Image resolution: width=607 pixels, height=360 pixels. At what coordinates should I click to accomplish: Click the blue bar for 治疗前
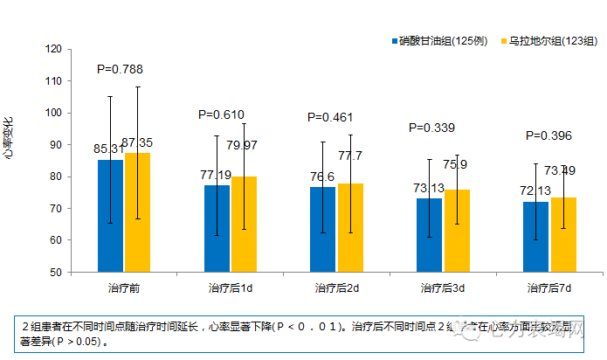point(111,216)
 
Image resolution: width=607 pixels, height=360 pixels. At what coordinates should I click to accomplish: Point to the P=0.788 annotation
point(120,69)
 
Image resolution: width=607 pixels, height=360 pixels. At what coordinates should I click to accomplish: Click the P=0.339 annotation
point(432,128)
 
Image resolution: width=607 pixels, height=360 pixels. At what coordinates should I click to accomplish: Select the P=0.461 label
point(331,117)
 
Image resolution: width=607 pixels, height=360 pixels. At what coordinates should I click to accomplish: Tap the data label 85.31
point(108,149)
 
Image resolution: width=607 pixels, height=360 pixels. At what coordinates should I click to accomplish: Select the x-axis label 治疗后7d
point(548,287)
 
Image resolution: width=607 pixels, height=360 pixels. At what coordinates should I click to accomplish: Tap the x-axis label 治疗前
point(124,287)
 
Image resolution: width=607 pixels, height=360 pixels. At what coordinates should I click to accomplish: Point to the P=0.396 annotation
point(548,135)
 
